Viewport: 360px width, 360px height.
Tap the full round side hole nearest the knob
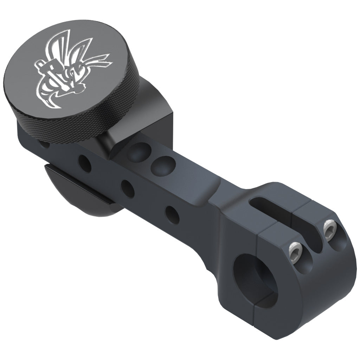tap(84, 163)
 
